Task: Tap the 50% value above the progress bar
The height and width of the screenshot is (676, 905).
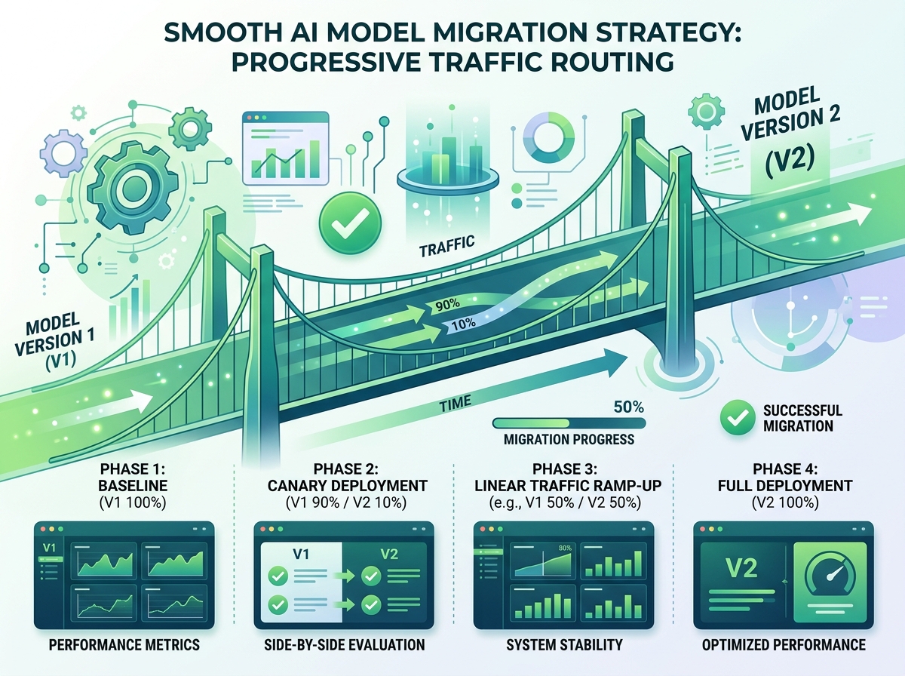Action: click(x=628, y=407)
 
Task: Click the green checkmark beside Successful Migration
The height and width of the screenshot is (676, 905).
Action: click(x=735, y=417)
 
